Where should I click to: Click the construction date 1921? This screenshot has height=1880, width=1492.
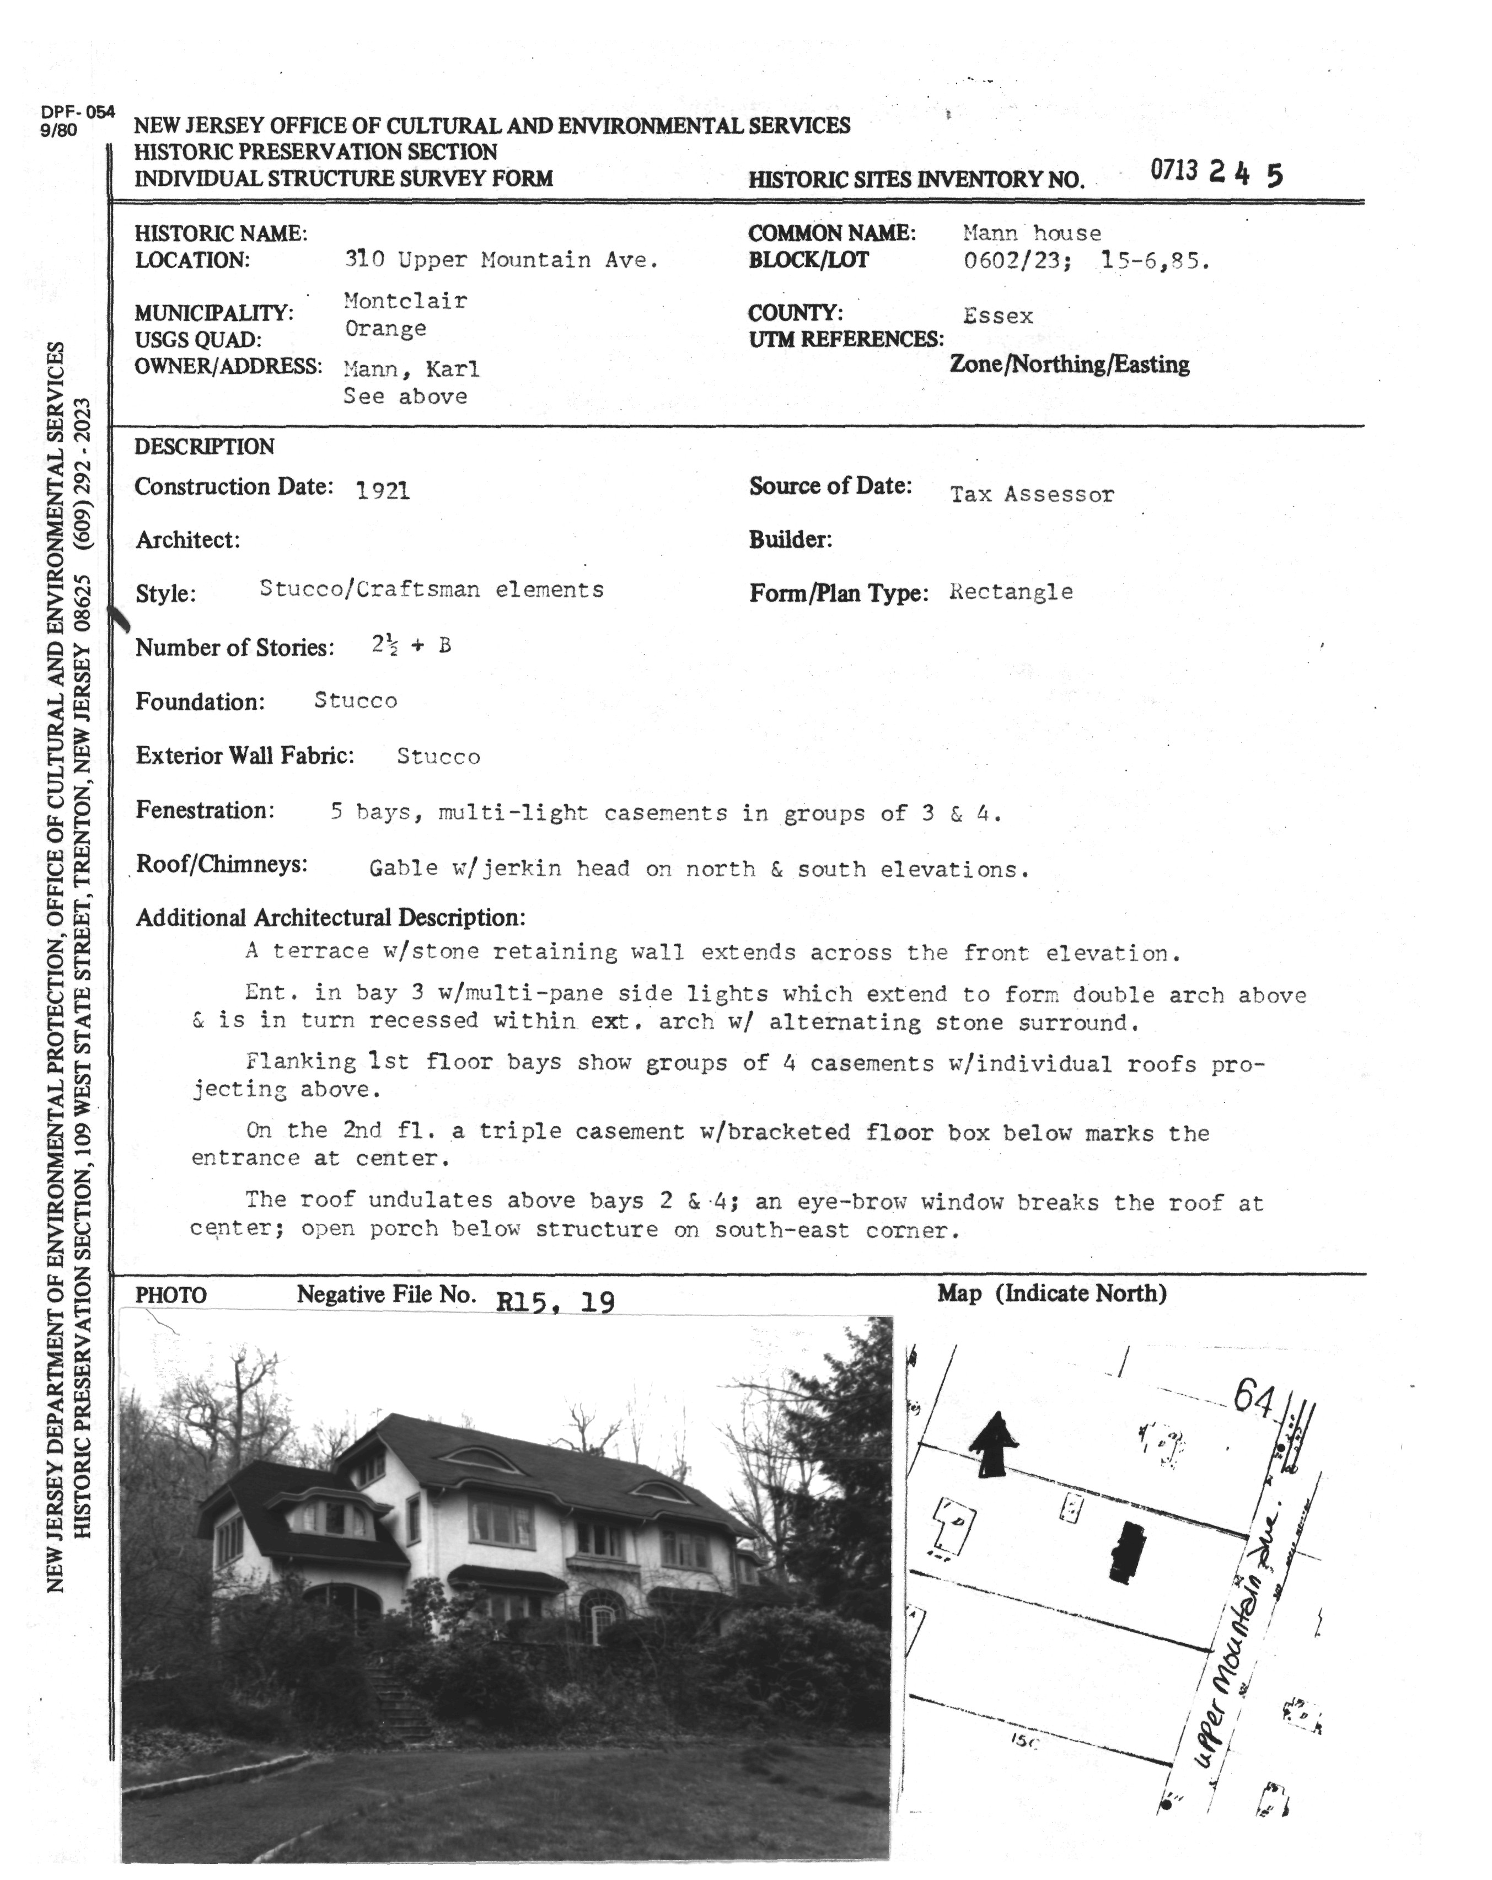click(383, 491)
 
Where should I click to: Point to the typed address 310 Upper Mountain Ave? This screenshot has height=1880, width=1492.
click(501, 260)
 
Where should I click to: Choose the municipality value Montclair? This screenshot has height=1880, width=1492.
click(405, 301)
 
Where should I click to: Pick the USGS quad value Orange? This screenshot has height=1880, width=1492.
click(385, 329)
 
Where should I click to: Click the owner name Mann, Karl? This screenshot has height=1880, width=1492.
click(411, 369)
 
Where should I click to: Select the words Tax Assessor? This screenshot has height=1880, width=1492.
click(1032, 495)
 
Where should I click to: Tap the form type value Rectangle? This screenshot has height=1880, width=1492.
click(1011, 592)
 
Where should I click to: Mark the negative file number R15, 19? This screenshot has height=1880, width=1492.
click(555, 1302)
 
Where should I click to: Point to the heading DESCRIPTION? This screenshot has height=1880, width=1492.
click(204, 447)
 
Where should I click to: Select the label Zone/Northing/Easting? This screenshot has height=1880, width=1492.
click(1069, 365)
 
